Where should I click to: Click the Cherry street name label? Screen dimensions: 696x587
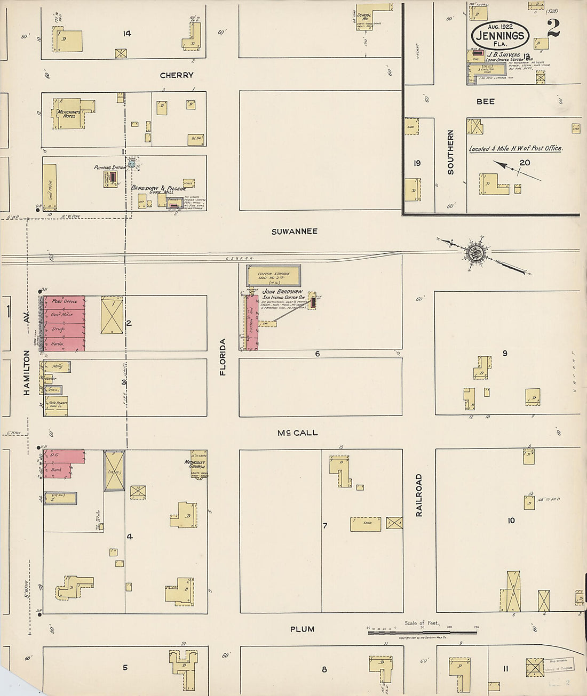[x=177, y=75]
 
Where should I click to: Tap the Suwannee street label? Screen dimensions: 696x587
[x=294, y=231]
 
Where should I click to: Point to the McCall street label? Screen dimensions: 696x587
[x=297, y=433]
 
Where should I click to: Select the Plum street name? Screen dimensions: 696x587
[x=302, y=629]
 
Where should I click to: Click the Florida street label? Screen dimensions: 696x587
[x=223, y=357]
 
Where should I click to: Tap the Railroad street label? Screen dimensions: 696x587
[x=419, y=495]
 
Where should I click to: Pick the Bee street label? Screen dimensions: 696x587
[x=485, y=101]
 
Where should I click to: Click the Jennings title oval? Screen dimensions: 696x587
[x=500, y=35]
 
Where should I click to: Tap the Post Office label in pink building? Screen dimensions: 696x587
[x=65, y=301]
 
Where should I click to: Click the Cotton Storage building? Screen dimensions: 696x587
[x=273, y=275]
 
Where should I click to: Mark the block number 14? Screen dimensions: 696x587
[x=126, y=34]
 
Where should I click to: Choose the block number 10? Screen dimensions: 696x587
[x=511, y=520]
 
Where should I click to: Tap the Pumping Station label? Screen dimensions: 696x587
[x=109, y=167]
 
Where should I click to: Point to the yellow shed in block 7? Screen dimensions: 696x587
[x=366, y=524]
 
